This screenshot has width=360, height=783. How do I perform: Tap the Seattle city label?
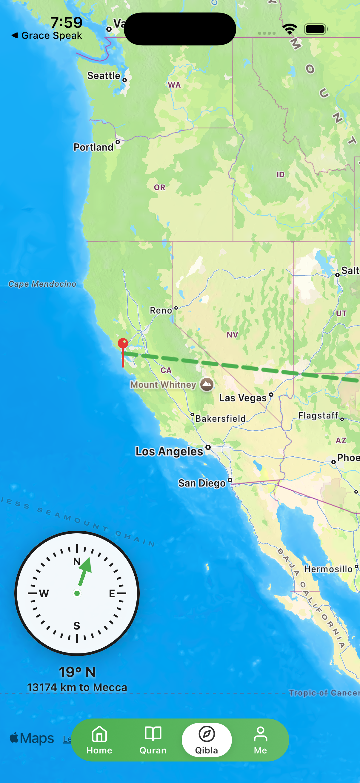pos(104,76)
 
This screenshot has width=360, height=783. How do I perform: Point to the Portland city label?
pos(93,148)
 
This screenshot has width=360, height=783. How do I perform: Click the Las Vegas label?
pos(243,398)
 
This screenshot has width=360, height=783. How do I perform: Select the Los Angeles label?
pos(169,452)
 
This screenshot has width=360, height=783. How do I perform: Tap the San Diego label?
pos(202,483)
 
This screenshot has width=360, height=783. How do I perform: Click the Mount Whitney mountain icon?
pos(207,385)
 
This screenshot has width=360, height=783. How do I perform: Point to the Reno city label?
pos(161,310)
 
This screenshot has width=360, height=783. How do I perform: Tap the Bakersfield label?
pos(221,419)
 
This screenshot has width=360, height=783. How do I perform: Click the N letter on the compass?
pos(77,562)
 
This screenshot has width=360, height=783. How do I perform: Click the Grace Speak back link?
pos(47,36)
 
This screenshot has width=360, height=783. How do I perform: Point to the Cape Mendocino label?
pos(42,284)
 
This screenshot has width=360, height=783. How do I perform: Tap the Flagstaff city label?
pos(318,415)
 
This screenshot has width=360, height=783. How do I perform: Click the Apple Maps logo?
pos(32,738)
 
